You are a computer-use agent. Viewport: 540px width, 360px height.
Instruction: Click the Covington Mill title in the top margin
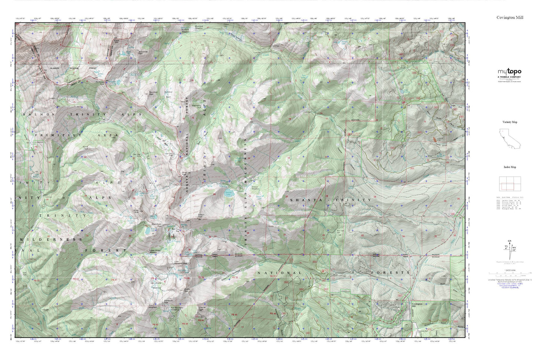(x=509, y=18)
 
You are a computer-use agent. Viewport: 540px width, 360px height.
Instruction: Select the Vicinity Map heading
(x=509, y=122)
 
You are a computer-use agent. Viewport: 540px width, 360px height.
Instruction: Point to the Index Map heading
(x=509, y=167)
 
